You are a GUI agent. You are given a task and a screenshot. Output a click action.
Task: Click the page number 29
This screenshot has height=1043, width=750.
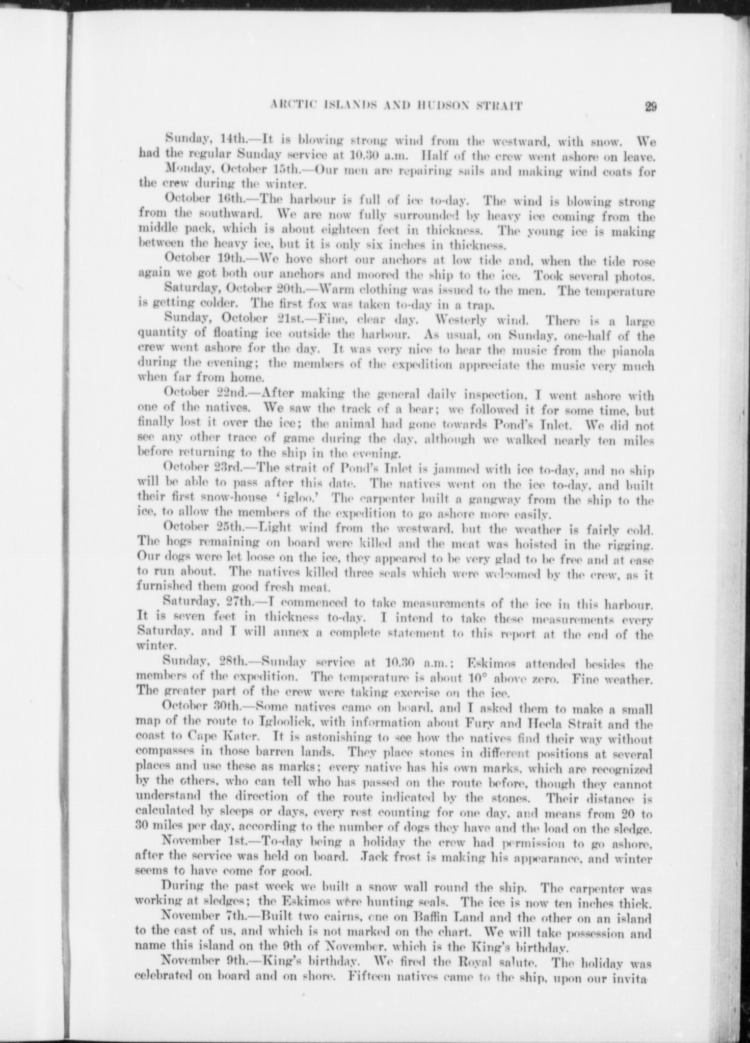pyautogui.click(x=650, y=106)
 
